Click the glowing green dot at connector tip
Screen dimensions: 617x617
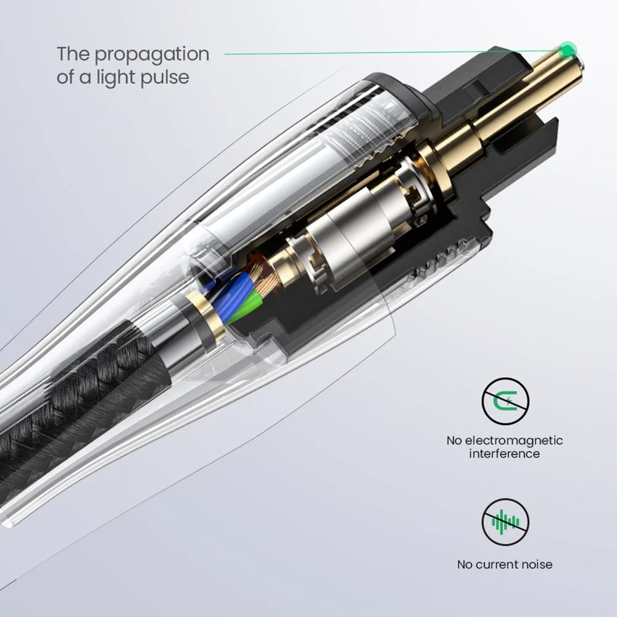pos(568,50)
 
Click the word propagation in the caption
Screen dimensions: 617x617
pos(152,55)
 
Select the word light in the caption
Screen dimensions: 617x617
pos(117,78)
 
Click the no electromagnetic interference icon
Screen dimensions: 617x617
pos(505,402)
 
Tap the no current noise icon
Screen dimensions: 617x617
pos(505,522)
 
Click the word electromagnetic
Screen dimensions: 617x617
pos(514,441)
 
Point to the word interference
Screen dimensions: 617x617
pos(505,453)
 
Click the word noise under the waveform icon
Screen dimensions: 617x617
pos(537,565)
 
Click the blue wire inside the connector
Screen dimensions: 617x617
pos(234,297)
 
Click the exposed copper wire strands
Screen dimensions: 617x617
pos(265,275)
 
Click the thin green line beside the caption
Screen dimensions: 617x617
pos(394,52)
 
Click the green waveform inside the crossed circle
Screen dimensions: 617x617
pos(505,523)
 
